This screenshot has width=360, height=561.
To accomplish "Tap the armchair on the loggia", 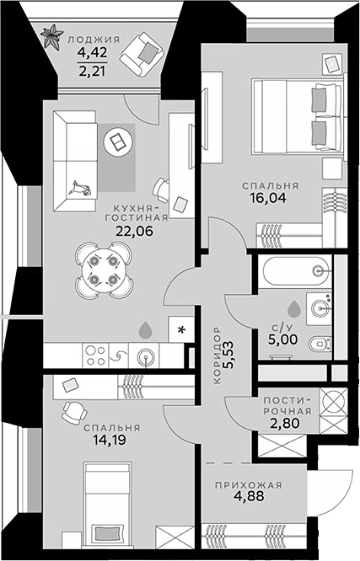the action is pos(142,55).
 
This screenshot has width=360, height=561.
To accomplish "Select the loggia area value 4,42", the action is pos(93,52).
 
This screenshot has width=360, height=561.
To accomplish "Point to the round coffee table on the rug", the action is pos(119,143).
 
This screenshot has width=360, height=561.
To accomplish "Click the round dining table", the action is pos(104,270).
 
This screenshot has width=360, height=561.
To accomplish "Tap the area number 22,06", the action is pos(134,231).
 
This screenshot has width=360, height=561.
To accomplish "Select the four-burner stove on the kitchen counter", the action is pos(96,355).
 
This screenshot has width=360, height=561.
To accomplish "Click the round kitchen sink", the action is pos(146,356).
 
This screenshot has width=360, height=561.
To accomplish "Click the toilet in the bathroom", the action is pos(320,345).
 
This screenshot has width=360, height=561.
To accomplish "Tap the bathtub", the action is pos(295,271).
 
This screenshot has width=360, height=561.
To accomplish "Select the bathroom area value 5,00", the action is pos(283,339).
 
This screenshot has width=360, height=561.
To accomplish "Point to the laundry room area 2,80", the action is pos(285,423).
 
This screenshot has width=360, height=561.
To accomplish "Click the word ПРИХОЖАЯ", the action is pos(249,485).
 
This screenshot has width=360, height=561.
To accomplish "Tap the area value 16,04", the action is pos(269,198).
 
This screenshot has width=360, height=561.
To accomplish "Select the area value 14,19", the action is pos(110,440).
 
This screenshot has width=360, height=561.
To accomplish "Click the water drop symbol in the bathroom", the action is pos(294,308).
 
